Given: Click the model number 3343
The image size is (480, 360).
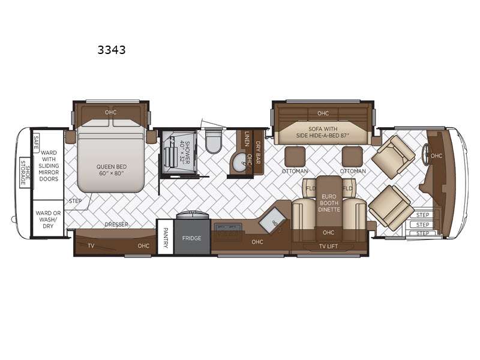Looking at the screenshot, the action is [112, 50].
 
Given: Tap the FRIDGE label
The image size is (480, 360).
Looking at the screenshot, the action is [191, 238].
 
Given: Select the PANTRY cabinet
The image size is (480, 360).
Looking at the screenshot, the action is [166, 237].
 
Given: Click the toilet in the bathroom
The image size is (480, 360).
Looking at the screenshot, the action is [213, 142].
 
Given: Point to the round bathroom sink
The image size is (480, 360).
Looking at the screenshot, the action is [239, 161].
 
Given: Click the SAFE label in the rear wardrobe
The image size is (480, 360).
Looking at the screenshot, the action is [36, 142].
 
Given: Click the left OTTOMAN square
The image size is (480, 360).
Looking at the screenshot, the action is [295, 157].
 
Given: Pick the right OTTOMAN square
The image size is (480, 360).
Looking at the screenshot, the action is [352, 157].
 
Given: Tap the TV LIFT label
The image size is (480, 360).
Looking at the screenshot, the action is [328, 246].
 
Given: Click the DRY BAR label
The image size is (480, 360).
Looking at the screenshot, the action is [258, 152].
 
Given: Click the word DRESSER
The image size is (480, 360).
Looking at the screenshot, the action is [116, 224].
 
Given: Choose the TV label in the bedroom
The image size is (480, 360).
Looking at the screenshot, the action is [91, 245].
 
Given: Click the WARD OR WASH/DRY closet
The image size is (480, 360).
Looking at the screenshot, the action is [48, 218].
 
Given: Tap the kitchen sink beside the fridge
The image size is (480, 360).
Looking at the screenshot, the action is [229, 228].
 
